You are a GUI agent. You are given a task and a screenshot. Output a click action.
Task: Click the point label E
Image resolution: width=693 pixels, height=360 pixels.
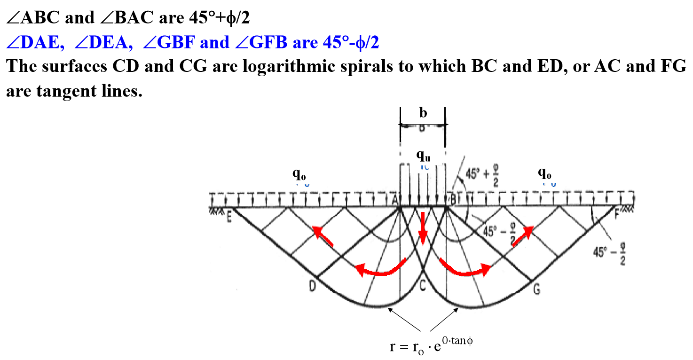click(x=229, y=218)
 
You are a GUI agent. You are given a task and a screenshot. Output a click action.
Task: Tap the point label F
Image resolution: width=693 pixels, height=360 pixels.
click(x=618, y=215)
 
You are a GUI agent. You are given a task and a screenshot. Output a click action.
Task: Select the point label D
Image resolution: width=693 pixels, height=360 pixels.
click(x=312, y=286)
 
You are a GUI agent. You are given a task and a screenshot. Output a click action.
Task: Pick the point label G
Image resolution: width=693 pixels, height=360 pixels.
click(x=536, y=289)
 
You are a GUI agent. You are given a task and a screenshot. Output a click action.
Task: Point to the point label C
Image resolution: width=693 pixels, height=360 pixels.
click(x=423, y=284)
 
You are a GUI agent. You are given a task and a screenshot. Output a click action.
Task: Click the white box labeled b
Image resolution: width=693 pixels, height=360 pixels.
click(x=423, y=112)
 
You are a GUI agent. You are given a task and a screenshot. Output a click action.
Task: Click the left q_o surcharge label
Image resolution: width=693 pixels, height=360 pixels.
click(x=299, y=174)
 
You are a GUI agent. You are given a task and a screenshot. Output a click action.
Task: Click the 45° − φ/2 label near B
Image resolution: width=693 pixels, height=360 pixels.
click(x=500, y=233)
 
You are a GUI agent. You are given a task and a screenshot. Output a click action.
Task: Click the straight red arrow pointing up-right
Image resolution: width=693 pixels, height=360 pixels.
click(x=522, y=236)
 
